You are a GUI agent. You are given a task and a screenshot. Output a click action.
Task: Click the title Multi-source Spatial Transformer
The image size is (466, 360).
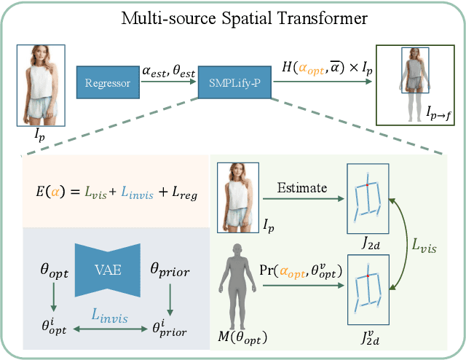(233, 17)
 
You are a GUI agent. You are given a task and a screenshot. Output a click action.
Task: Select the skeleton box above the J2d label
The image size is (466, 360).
(367, 193)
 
